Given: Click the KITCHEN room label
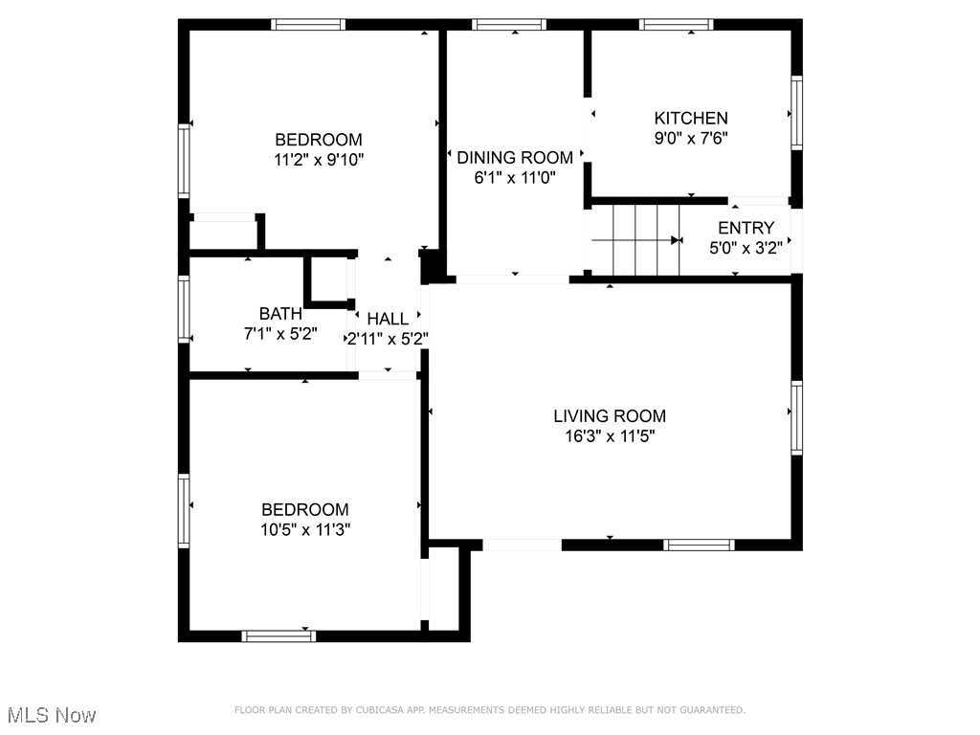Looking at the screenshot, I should [x=690, y=118].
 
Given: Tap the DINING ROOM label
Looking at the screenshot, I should [x=515, y=157].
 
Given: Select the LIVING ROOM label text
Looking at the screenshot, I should [x=610, y=415].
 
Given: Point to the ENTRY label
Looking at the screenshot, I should [x=746, y=228].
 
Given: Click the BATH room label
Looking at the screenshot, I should [x=280, y=313].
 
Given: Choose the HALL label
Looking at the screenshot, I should [x=388, y=319].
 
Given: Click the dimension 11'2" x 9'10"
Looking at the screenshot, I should [x=319, y=159].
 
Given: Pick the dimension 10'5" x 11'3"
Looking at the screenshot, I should [x=305, y=529].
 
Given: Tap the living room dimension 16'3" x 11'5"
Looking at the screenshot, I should [x=610, y=436].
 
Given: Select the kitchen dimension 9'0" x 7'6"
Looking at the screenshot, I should [x=690, y=138].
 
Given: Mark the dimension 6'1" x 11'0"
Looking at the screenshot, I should [x=515, y=177].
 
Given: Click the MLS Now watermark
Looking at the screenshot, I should [x=52, y=715].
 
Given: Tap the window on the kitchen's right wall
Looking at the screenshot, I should [x=796, y=113].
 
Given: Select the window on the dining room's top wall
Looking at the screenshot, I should [x=510, y=25].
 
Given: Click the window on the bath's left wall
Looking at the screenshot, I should [x=184, y=309].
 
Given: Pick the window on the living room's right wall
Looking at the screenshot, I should [x=796, y=416].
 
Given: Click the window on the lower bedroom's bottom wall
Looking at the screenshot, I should [x=278, y=635].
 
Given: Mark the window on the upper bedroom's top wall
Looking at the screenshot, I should [x=307, y=25].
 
